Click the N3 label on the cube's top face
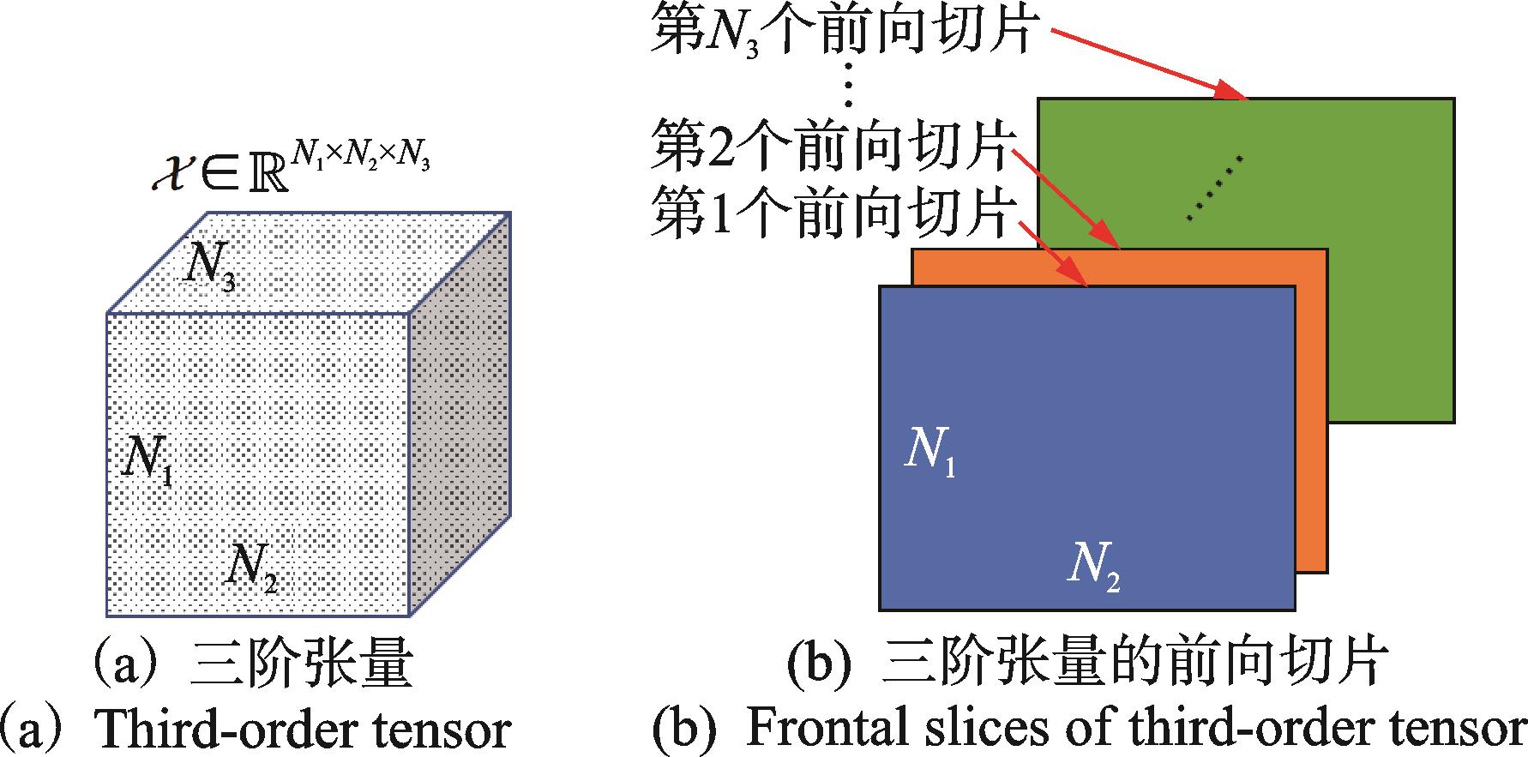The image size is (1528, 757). [210, 266]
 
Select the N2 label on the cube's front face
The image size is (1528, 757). [250, 566]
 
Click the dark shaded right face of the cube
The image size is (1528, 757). [460, 412]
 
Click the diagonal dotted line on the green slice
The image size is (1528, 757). [1214, 187]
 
